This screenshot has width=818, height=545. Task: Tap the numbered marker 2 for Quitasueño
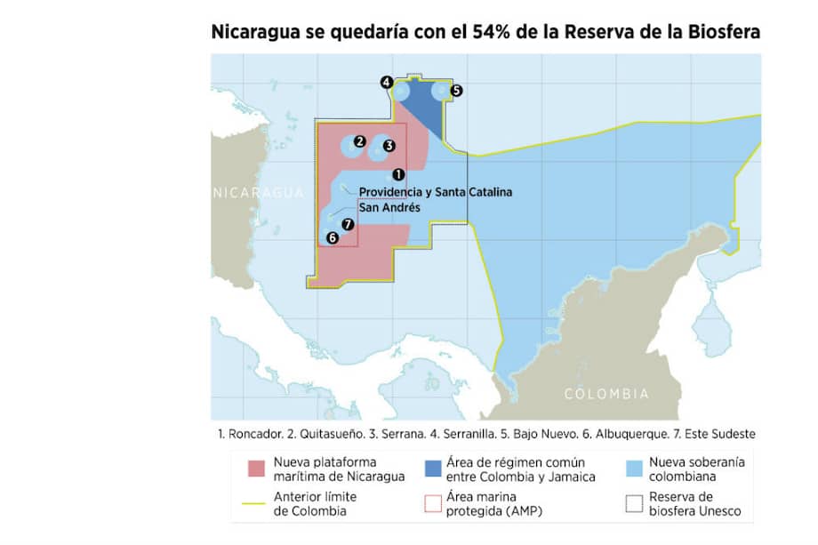point(359,141)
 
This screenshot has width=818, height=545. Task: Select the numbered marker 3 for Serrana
point(389,146)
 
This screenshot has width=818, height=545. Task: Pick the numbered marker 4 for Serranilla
point(386,83)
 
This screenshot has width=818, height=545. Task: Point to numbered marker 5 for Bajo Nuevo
point(456,90)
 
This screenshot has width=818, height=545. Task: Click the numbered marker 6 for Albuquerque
point(332,237)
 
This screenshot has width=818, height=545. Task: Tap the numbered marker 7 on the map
point(348,224)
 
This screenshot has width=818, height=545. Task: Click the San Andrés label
point(389,207)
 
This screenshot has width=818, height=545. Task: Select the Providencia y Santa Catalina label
point(435,192)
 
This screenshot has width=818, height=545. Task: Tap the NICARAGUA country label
point(258,192)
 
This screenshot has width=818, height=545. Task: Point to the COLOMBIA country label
point(606,393)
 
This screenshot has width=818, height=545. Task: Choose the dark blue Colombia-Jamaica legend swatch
point(434,469)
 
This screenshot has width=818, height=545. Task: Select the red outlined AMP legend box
point(434,503)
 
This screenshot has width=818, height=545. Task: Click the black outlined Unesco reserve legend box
point(634,503)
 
